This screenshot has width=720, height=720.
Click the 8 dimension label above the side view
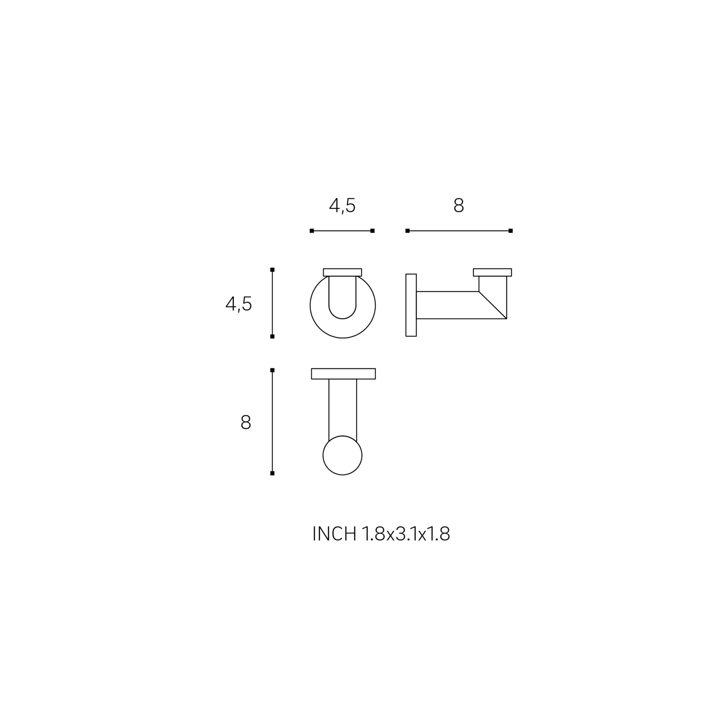click(458, 205)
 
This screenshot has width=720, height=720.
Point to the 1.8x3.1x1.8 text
click(406, 534)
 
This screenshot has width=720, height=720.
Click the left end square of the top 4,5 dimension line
click(312, 231)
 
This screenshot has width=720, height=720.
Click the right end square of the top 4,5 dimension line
click(372, 231)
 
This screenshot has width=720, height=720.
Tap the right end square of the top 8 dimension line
click(510, 231)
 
